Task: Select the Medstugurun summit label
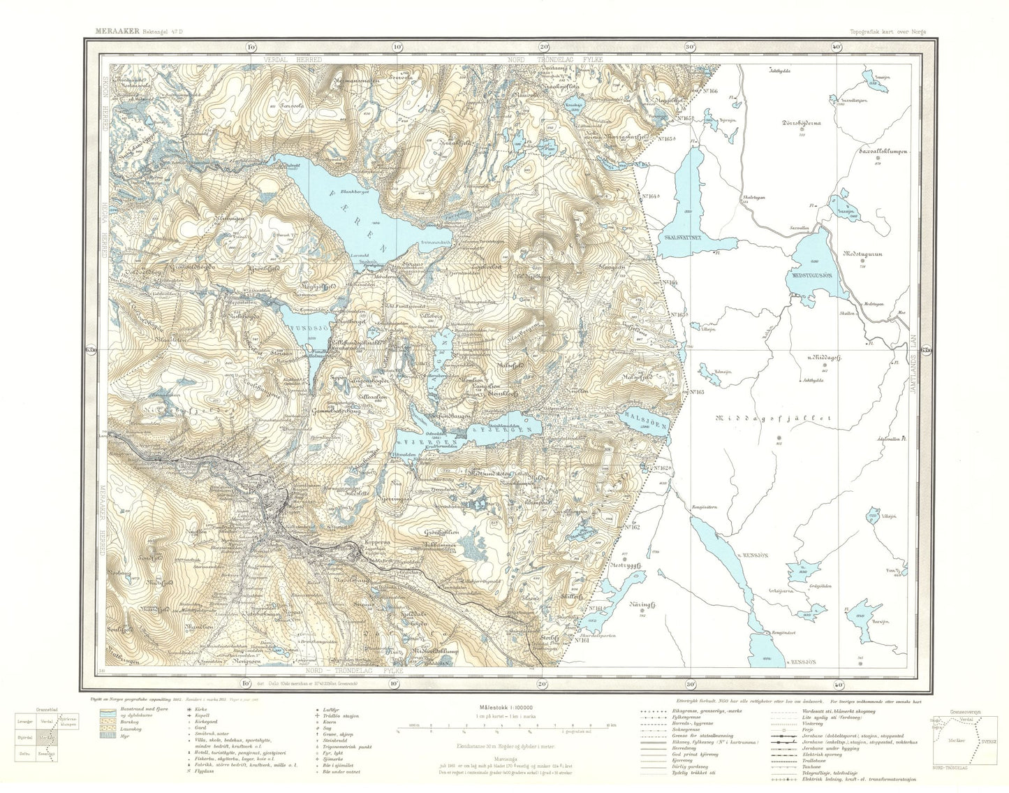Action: (864, 254)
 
